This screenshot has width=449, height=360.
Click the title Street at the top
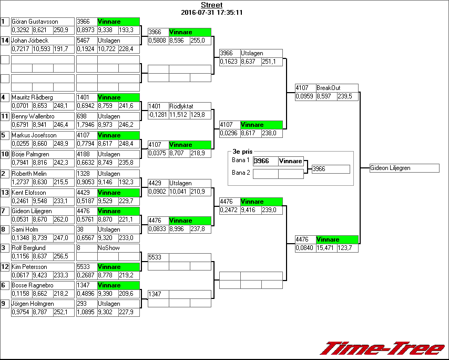[x=211, y=5]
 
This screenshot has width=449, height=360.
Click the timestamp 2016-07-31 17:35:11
[x=211, y=12]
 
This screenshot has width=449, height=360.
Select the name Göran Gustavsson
[x=35, y=22]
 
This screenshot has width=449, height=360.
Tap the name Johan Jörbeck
[x=30, y=41]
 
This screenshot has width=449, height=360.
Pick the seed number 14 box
[x=5, y=41]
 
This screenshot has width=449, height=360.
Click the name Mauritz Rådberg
[x=32, y=97]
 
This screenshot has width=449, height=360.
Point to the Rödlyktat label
[x=181, y=106]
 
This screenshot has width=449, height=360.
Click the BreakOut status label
[x=329, y=88]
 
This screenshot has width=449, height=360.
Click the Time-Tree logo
[x=383, y=348]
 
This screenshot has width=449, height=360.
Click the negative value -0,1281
[x=158, y=115]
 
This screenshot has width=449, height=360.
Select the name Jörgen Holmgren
[x=33, y=304]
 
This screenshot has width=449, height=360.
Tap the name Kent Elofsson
[x=29, y=193]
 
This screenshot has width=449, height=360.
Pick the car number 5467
[x=84, y=41]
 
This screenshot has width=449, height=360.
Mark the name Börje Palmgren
[x=30, y=154]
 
